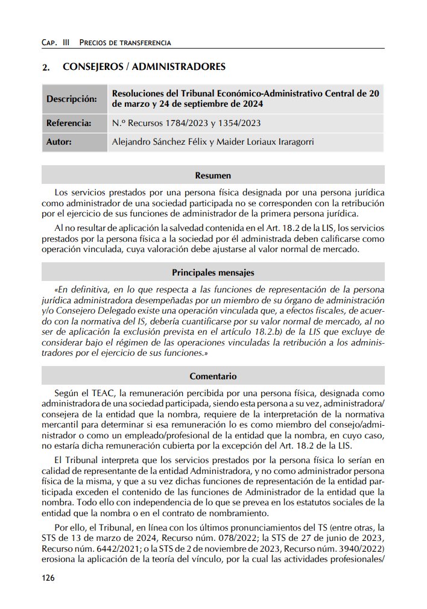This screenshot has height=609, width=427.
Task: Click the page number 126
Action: click(x=48, y=578)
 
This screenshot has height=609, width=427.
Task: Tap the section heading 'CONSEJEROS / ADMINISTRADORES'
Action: click(x=144, y=66)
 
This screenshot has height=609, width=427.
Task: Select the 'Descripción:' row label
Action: click(x=72, y=99)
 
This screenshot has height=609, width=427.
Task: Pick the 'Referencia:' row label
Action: click(x=69, y=124)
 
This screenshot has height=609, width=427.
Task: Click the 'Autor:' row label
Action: click(x=59, y=142)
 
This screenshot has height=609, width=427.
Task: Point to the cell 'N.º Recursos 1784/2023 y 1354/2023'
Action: click(x=186, y=124)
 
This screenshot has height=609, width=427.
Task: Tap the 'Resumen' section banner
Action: click(x=213, y=175)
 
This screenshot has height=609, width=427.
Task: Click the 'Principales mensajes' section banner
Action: click(x=213, y=273)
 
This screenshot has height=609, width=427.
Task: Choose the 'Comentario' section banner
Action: click(x=213, y=376)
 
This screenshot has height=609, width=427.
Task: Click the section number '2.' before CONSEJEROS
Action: click(x=46, y=67)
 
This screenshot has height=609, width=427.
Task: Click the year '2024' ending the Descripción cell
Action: click(x=252, y=104)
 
